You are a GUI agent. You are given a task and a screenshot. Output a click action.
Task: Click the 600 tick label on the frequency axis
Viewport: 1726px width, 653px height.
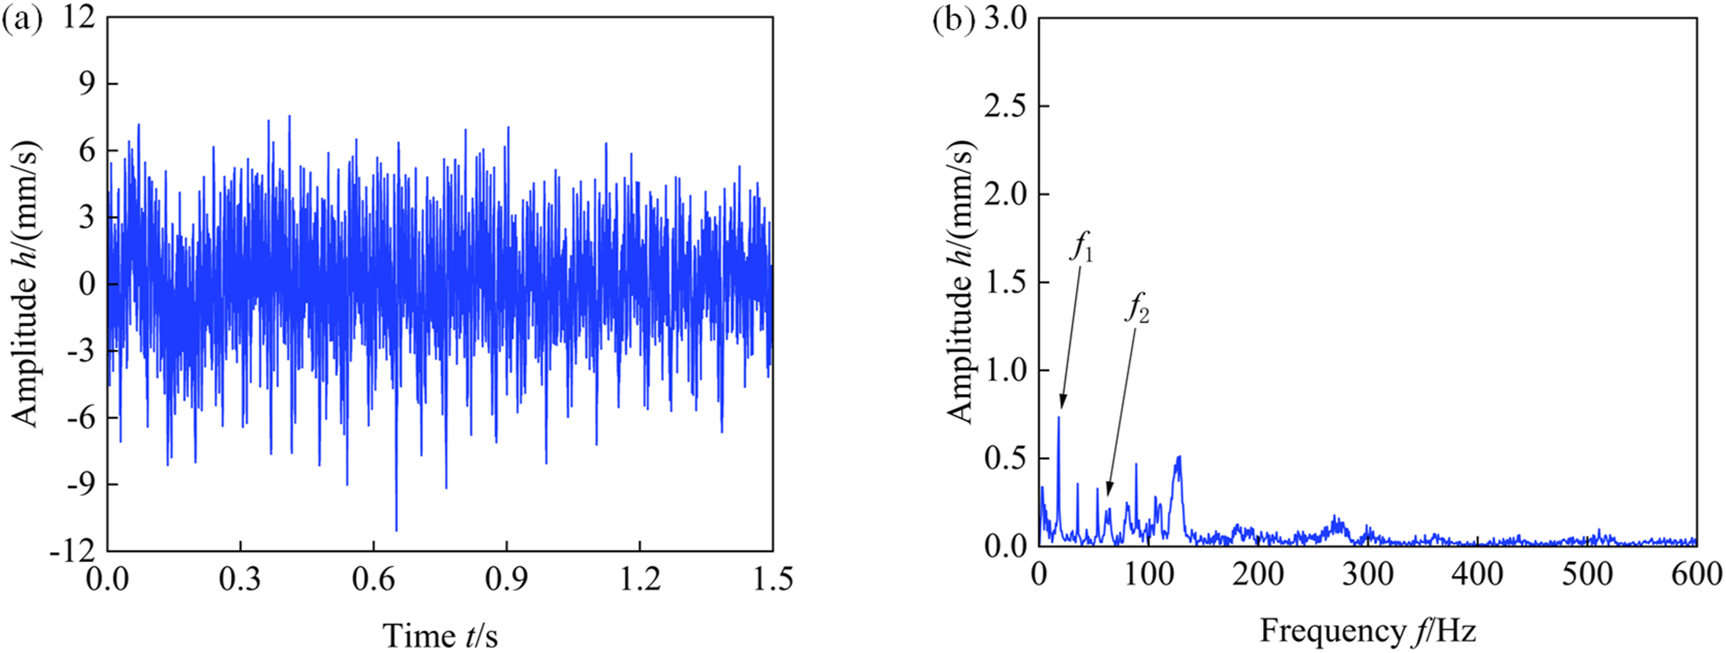coord(1695,575)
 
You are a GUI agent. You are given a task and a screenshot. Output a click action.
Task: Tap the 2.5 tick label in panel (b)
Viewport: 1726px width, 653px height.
coord(1005,106)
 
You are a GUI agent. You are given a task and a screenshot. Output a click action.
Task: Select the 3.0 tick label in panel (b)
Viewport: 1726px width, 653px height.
coord(1005,19)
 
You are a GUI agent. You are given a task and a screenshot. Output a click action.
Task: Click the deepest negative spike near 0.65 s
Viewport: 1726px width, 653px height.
coord(396,529)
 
